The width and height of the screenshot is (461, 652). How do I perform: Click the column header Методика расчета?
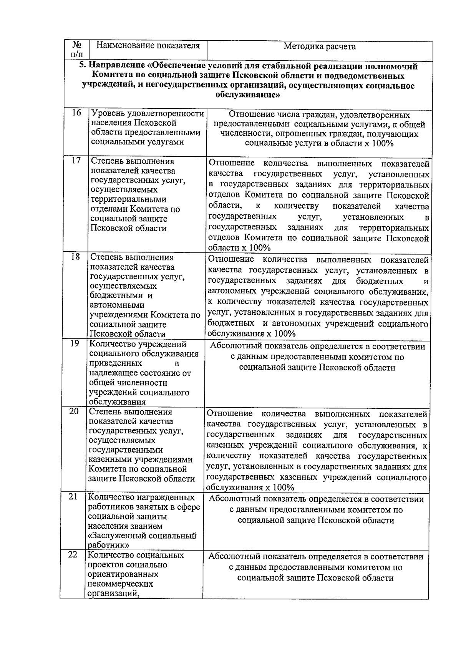[x=319, y=47]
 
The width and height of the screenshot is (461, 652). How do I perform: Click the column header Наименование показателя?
[x=148, y=46]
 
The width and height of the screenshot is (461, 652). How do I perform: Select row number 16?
[x=77, y=113]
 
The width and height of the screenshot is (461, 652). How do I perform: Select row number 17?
[x=76, y=161]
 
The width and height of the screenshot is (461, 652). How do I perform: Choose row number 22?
[x=73, y=555]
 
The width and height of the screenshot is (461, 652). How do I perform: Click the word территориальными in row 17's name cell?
[x=128, y=199]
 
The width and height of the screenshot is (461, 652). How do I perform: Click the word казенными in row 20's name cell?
[x=110, y=460]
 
